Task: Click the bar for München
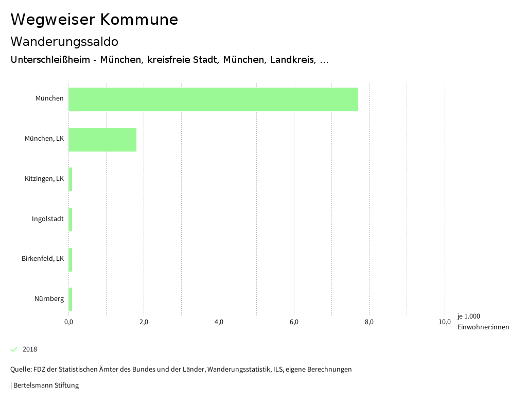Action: click(x=213, y=99)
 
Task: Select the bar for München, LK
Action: click(x=102, y=140)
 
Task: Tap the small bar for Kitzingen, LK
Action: click(x=71, y=179)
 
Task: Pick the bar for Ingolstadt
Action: click(x=71, y=220)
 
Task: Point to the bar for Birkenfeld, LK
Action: click(x=71, y=260)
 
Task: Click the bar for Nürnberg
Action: click(x=71, y=299)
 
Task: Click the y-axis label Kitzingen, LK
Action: click(x=44, y=179)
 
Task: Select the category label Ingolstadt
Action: click(x=48, y=219)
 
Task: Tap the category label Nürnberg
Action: click(x=49, y=299)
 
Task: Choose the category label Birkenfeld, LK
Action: click(x=43, y=259)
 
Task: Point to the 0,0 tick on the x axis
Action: click(x=68, y=322)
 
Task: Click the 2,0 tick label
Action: click(x=144, y=322)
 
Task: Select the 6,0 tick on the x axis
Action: click(x=294, y=322)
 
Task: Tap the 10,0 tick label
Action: click(x=444, y=322)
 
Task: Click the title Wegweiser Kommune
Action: click(x=94, y=20)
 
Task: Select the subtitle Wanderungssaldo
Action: click(x=64, y=41)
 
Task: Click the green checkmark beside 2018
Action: click(x=14, y=349)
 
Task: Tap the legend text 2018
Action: click(x=30, y=349)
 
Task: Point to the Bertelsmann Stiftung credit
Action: click(x=45, y=385)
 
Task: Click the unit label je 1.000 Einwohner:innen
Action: click(x=483, y=322)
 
